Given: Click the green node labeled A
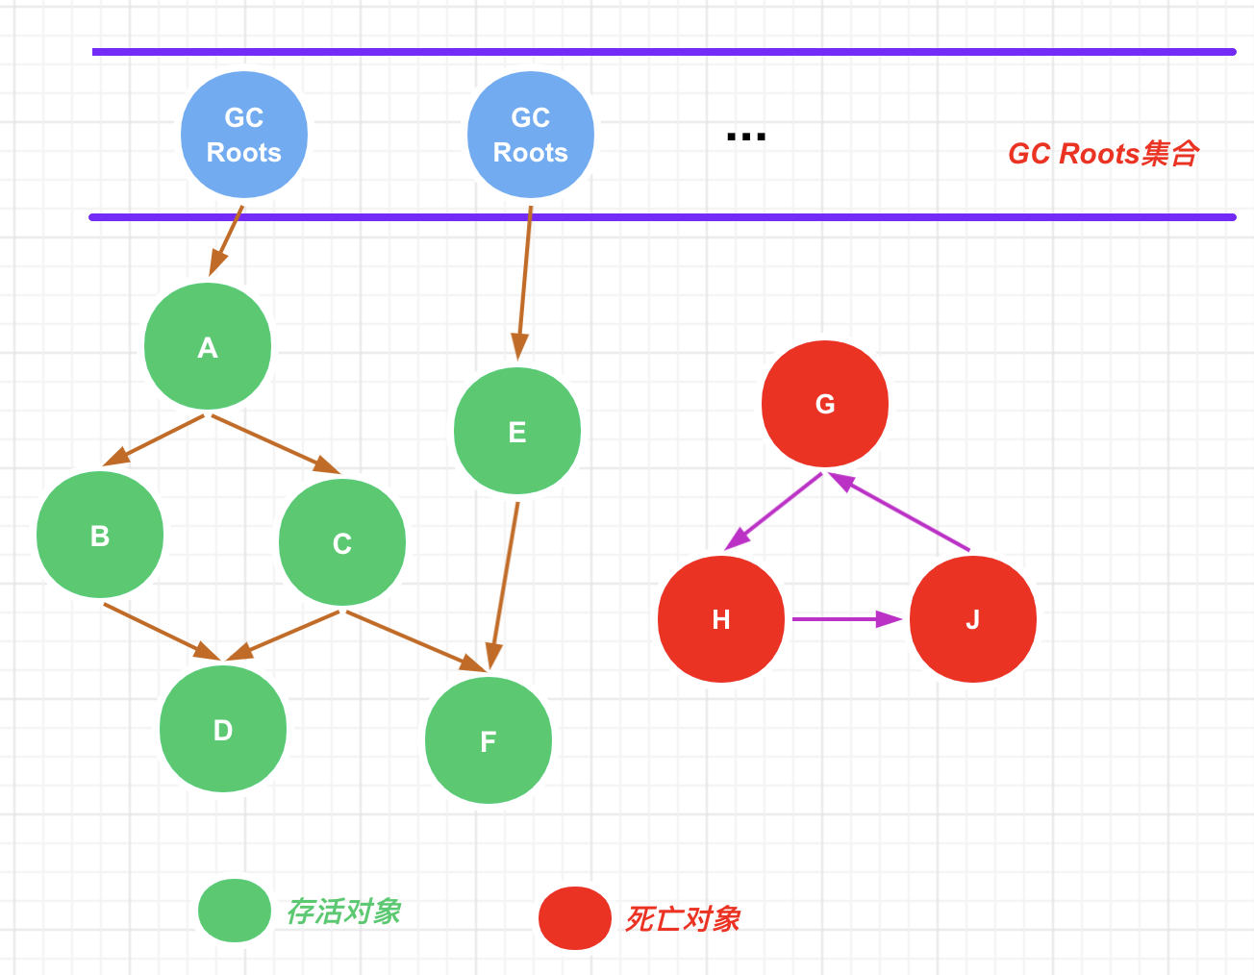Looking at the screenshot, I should [208, 346].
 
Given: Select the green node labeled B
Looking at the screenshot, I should [100, 535].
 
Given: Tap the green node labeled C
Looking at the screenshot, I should [342, 542].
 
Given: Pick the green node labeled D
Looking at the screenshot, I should [223, 729].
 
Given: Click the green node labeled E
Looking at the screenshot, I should [517, 431].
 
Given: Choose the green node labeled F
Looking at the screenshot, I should [489, 740].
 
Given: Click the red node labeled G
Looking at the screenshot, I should [825, 404].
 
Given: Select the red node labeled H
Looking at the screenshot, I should [721, 619].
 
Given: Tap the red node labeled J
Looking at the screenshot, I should [973, 619].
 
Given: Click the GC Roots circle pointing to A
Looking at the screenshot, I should [244, 135].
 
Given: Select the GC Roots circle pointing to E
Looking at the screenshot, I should [531, 135].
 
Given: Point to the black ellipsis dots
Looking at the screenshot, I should [746, 137].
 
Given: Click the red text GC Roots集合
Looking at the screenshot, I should [1103, 154].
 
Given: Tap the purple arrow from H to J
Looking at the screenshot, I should [846, 619].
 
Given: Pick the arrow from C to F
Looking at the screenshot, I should [415, 639].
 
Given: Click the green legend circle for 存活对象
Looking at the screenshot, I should [235, 910].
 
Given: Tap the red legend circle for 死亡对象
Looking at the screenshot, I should [575, 917].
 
